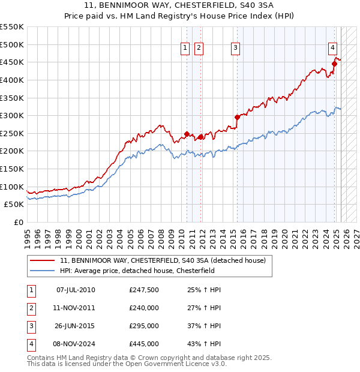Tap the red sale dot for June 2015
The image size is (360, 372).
pyautogui.click(x=237, y=118)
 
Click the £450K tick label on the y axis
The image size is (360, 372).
pyautogui.click(x=12, y=62)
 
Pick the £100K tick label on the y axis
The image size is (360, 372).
pyautogui.click(x=12, y=187)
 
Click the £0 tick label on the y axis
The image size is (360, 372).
pyautogui.click(x=19, y=222)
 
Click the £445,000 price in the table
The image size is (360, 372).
pyautogui.click(x=144, y=344)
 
